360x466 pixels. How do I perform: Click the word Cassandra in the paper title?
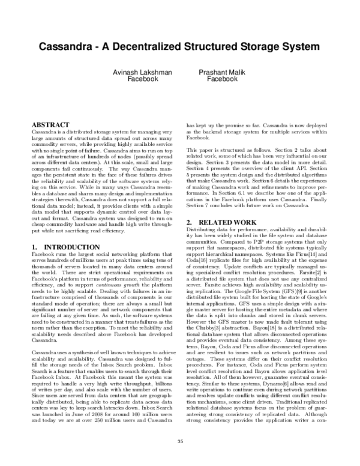tap(67, 46)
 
